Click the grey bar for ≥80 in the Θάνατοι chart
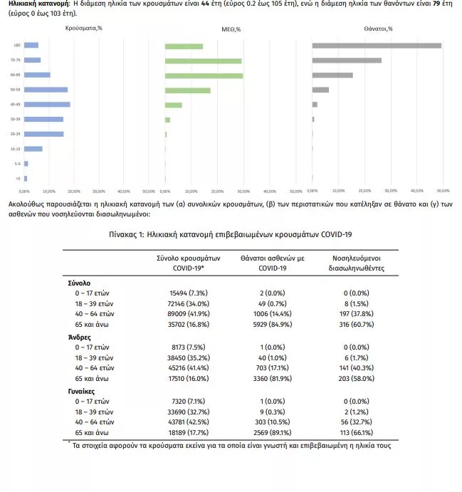[377, 46]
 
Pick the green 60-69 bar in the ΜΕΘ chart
[204, 75]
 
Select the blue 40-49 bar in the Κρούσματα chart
[47, 105]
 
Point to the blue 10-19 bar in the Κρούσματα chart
[33, 149]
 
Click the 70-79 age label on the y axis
[16, 61]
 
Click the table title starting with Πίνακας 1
[231, 234]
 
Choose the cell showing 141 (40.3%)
[357, 367]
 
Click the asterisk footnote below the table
[229, 446]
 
